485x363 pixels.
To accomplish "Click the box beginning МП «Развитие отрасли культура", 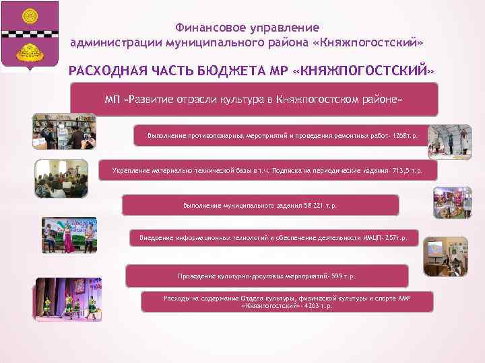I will click(254, 99).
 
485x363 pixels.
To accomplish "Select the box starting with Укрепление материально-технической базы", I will click(267, 171).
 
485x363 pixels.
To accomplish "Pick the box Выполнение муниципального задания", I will click(260, 205).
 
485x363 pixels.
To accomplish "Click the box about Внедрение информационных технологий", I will click(273, 237).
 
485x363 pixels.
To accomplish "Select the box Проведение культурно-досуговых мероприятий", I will click(267, 276).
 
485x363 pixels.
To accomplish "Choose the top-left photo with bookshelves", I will click(59, 130).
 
